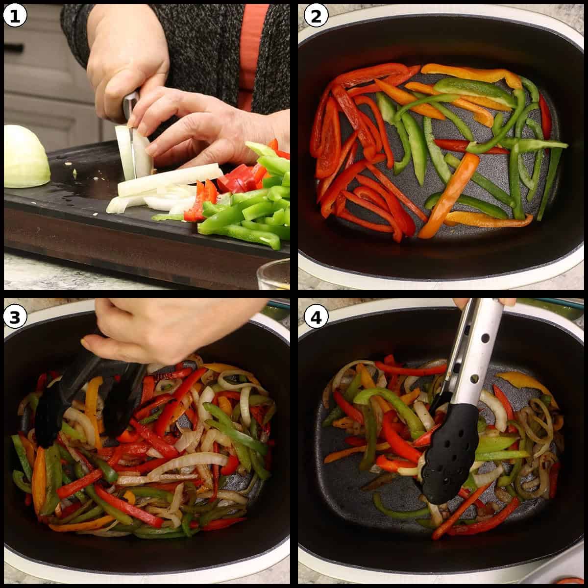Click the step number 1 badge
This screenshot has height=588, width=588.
click(15, 16)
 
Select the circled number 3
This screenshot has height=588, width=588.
click(15, 318)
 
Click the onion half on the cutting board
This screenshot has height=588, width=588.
click(25, 157)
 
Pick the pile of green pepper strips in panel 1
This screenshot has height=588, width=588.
click(255, 216)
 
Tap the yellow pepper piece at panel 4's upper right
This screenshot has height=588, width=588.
click(524, 382)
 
